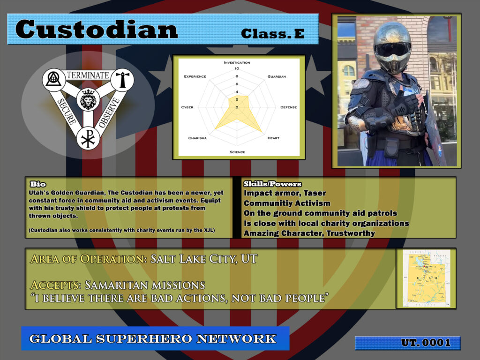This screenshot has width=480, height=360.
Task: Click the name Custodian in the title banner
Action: pyautogui.click(x=97, y=30)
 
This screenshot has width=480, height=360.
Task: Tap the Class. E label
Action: pyautogui.click(x=272, y=33)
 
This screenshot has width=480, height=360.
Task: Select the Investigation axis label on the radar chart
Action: pyautogui.click(x=237, y=62)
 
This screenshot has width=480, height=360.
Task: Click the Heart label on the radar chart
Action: pyautogui.click(x=273, y=138)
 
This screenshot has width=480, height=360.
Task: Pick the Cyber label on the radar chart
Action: pyautogui.click(x=187, y=107)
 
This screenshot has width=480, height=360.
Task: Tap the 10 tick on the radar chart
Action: pyautogui.click(x=237, y=69)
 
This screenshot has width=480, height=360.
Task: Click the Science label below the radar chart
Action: pyautogui.click(x=237, y=152)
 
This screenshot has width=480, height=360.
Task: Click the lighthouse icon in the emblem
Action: pyautogui.click(x=124, y=80)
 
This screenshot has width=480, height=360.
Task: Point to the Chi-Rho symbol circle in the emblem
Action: pyautogui.click(x=88, y=138)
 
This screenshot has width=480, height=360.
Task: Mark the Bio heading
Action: pyautogui.click(x=37, y=184)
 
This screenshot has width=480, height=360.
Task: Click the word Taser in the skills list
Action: pyautogui.click(x=315, y=193)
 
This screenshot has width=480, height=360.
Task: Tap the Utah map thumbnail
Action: pyautogui.click(x=426, y=278)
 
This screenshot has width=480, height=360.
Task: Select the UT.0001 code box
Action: pyautogui.click(x=407, y=343)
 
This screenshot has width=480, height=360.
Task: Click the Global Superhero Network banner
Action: pyautogui.click(x=155, y=338)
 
